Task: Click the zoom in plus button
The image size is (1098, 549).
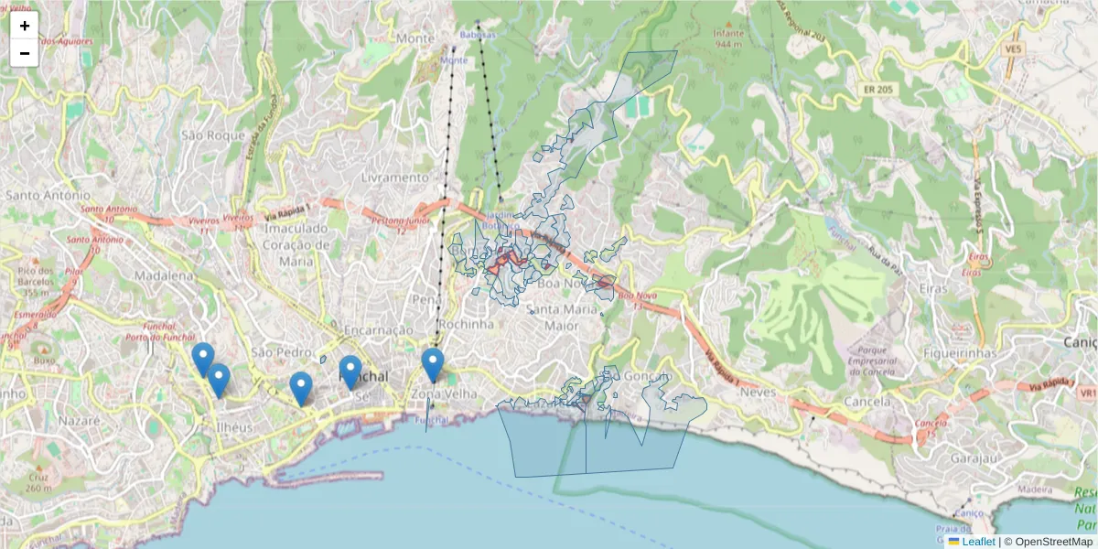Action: (25, 26)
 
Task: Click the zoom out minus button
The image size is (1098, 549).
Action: (25, 53)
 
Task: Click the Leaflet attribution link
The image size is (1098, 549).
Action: (978, 542)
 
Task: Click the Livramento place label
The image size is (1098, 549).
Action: (395, 177)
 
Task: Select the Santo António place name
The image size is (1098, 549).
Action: (48, 195)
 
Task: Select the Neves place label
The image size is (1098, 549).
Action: (758, 392)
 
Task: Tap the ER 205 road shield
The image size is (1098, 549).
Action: (877, 90)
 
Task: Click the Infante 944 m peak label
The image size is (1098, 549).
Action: (728, 38)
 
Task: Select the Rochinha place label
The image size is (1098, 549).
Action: (466, 324)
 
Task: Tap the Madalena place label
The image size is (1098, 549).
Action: (164, 275)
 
